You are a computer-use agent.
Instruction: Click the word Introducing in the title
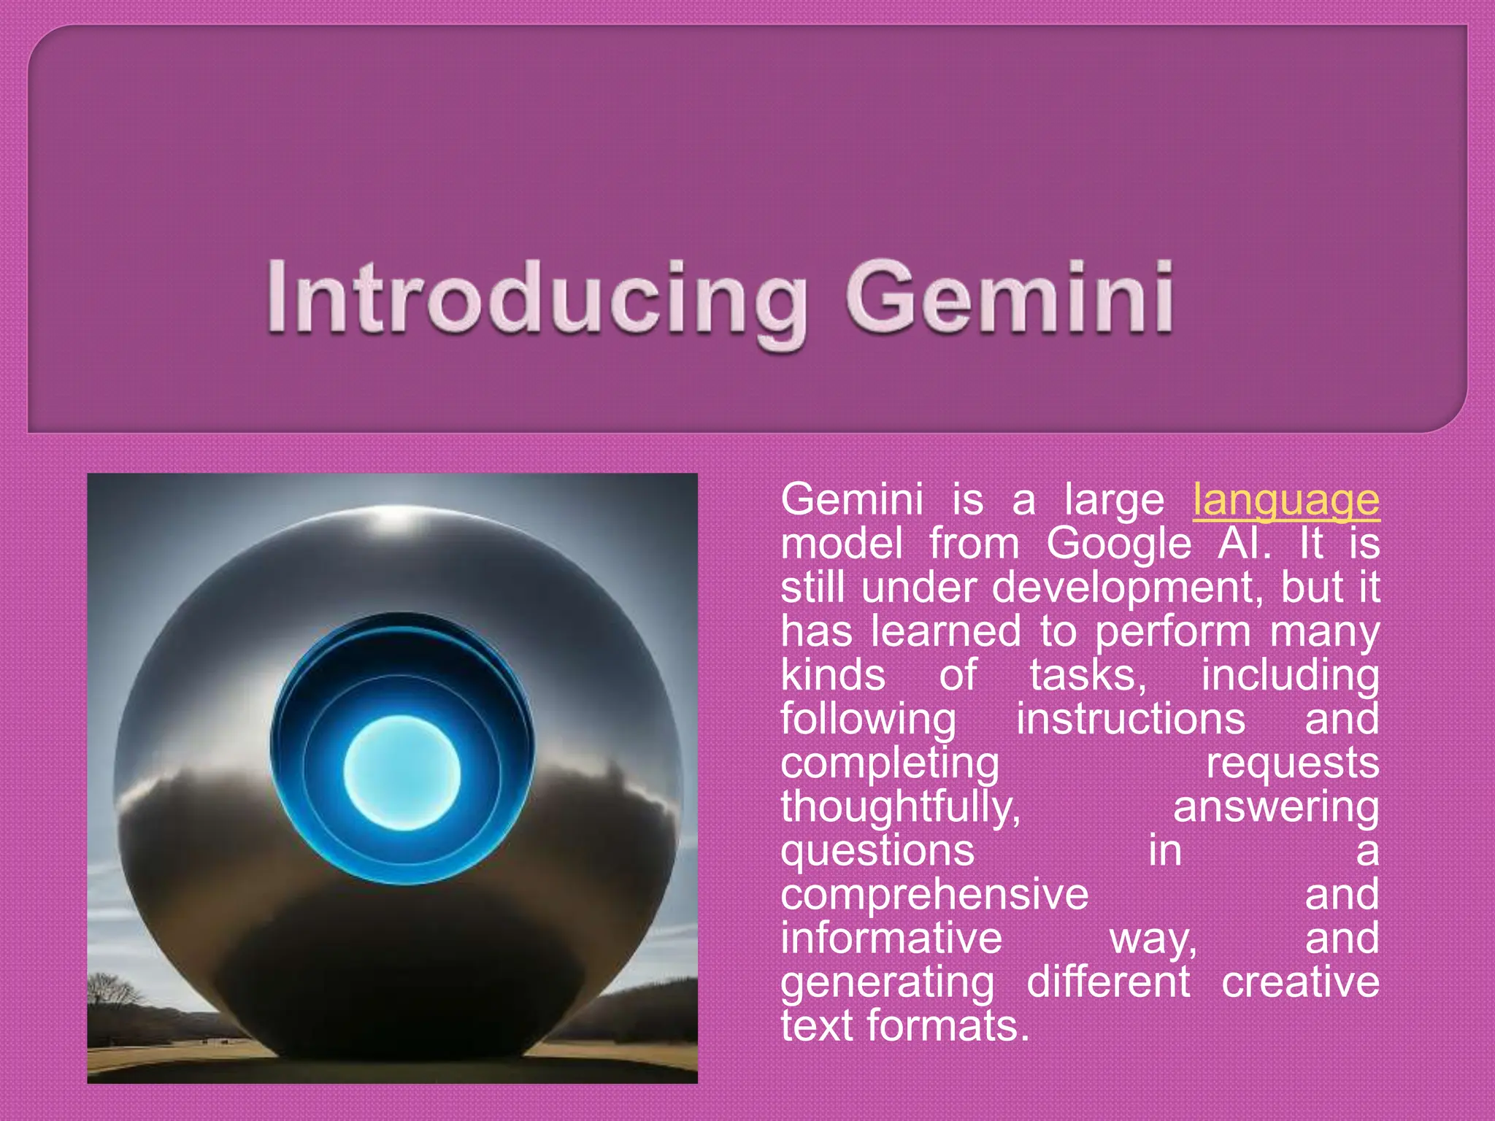tap(537, 299)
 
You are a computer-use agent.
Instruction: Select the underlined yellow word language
tap(1285, 501)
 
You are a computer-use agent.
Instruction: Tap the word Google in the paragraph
tap(1118, 545)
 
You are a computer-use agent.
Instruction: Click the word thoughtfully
tap(900, 808)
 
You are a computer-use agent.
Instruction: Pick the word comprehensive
tap(934, 895)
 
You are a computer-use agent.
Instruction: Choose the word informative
tap(891, 939)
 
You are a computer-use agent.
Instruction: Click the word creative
tap(1300, 982)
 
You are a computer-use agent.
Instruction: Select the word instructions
tap(1131, 720)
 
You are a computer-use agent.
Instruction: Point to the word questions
tap(877, 852)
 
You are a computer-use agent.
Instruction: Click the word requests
tap(1292, 764)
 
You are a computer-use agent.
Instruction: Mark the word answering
tap(1276, 808)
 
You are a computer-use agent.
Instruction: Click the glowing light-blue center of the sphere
tap(401, 772)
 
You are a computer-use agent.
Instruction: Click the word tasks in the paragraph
tap(1088, 676)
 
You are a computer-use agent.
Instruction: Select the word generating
tap(887, 982)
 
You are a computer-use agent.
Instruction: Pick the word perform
tap(1172, 632)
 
